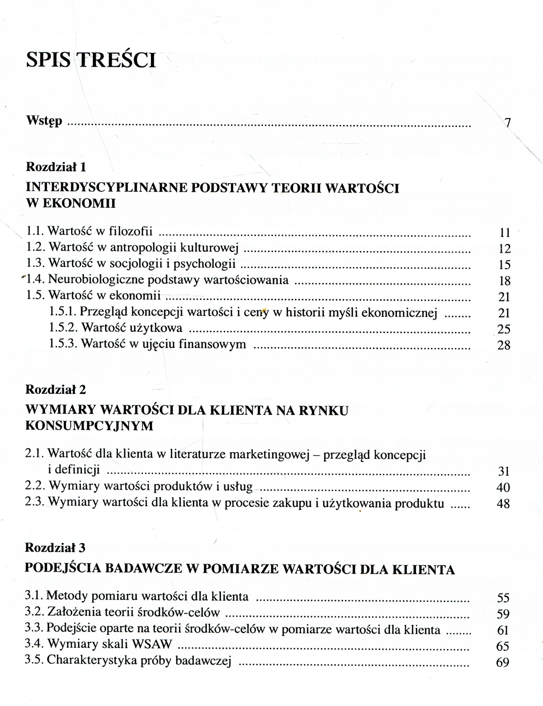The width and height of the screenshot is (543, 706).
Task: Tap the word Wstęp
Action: [44, 121]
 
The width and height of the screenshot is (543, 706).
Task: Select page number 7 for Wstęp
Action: [507, 123]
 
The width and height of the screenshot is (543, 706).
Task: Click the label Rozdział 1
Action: [56, 167]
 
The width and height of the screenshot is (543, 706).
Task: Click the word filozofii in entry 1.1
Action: [131, 231]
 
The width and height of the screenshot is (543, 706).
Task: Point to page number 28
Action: [504, 345]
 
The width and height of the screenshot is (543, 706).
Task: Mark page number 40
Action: [503, 487]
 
